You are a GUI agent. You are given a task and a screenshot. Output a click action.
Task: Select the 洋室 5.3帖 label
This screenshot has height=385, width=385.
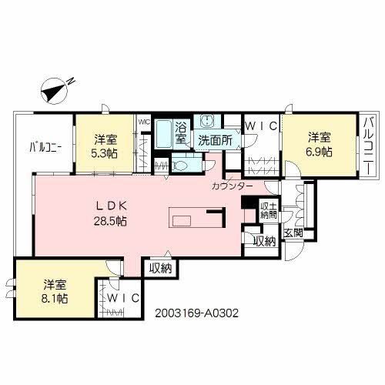click(x=106, y=146)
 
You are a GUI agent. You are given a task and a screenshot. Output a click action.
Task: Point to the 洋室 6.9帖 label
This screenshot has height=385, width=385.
click(x=320, y=145)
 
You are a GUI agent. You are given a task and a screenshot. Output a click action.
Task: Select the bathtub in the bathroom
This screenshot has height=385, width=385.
click(x=163, y=135)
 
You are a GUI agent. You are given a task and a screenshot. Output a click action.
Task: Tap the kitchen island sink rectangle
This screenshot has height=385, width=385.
click(x=182, y=222)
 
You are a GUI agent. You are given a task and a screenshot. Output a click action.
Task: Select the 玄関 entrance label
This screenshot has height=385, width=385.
click(x=292, y=233)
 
